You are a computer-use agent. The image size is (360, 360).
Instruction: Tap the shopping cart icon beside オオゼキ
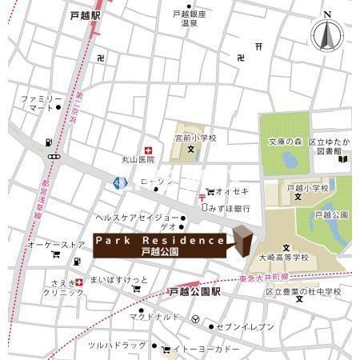(x=210, y=191)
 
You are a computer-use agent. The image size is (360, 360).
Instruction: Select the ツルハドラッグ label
(x=118, y=345)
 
